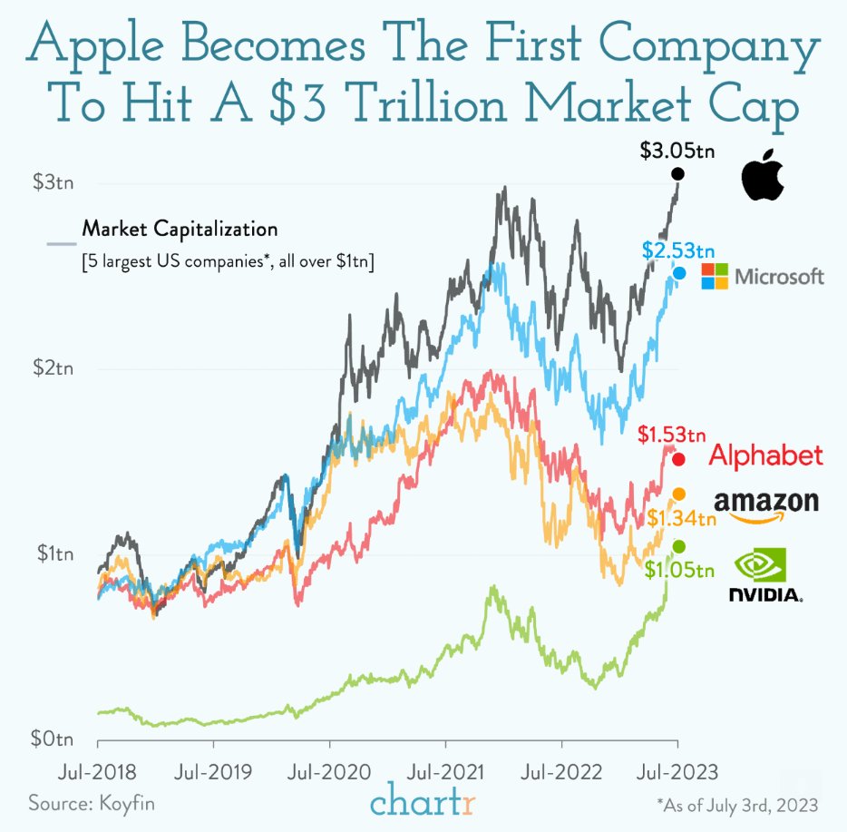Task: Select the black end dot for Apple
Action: click(x=677, y=174)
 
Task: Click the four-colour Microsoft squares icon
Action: click(x=715, y=277)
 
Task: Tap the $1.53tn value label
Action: click(x=672, y=436)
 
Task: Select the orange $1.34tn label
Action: click(x=682, y=518)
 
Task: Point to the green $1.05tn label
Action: click(x=680, y=569)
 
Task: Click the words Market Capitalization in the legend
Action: click(x=180, y=228)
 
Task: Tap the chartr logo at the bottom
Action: click(x=423, y=802)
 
